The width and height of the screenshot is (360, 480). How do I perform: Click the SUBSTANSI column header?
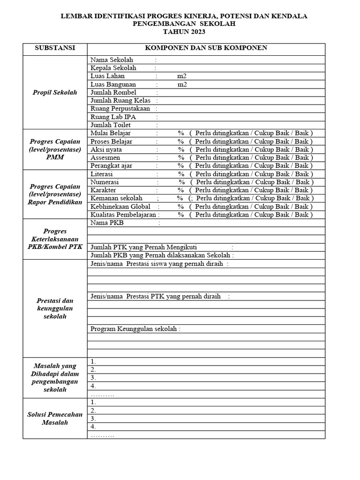(55, 48)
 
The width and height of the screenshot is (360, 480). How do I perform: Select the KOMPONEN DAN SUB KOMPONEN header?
(206, 48)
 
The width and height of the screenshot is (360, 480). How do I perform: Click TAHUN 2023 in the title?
(184, 31)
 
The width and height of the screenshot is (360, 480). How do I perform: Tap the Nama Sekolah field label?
(112, 60)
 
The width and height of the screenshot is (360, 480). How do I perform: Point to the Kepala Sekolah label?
(114, 68)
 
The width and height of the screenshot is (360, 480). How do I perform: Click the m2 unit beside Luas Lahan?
(182, 76)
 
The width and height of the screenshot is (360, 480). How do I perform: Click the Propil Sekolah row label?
(55, 92)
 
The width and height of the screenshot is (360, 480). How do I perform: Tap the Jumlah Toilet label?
(111, 125)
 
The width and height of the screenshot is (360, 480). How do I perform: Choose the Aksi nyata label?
(106, 150)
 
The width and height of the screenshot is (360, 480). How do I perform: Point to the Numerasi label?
(105, 182)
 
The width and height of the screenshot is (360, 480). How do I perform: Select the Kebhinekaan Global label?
(120, 206)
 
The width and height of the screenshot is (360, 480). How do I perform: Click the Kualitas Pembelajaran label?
(123, 215)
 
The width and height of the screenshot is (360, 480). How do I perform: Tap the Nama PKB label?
(107, 223)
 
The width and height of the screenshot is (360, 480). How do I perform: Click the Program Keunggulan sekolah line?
(135, 329)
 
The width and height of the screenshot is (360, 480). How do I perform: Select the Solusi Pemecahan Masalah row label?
(55, 418)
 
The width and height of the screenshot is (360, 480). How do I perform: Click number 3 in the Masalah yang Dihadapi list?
(93, 378)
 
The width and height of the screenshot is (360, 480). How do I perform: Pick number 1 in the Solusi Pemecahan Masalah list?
(93, 402)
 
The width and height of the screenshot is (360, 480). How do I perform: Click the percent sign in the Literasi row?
(180, 174)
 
